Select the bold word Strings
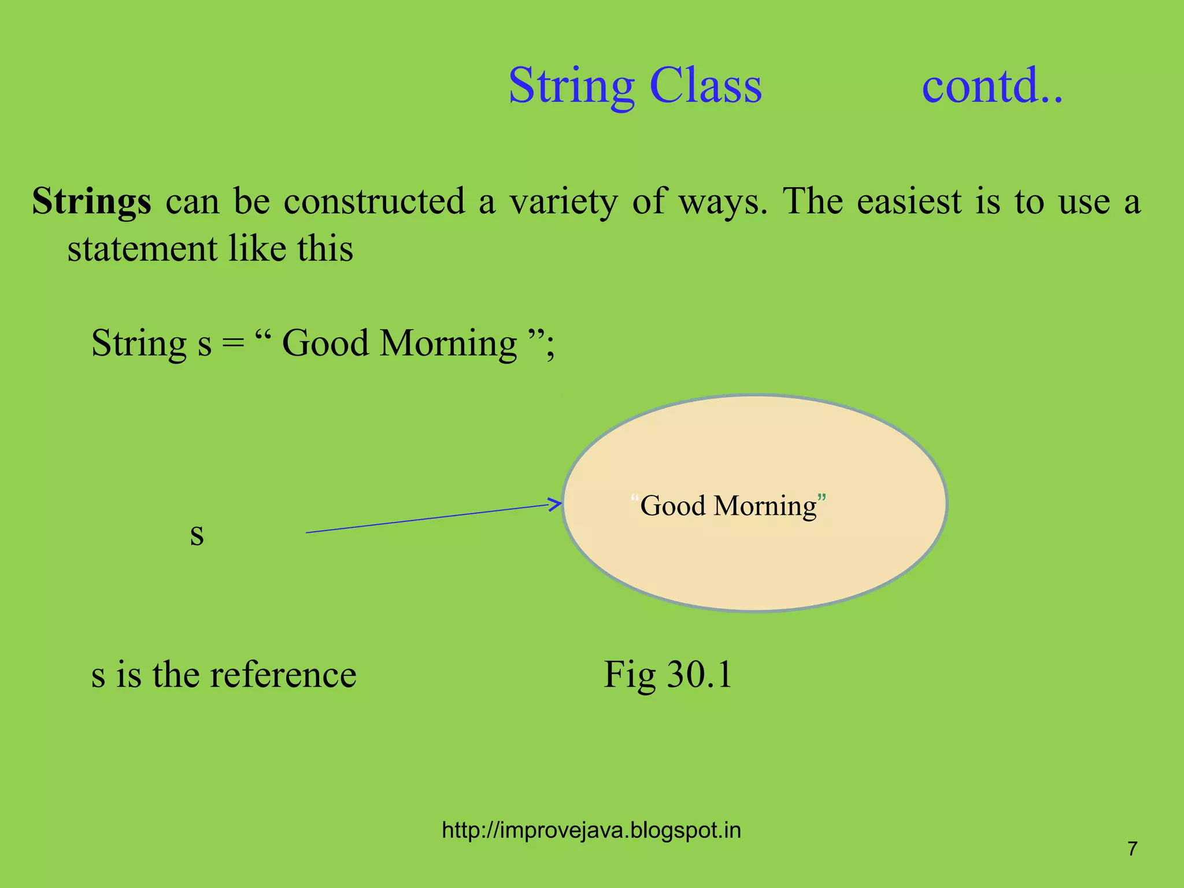tap(91, 202)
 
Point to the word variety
tap(563, 202)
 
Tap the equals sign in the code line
tap(233, 343)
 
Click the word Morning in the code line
tap(448, 345)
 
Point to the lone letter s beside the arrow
tap(197, 534)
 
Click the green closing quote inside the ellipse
tap(822, 498)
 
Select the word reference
tap(283, 675)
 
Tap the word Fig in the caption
tap(630, 675)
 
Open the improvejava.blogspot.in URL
tap(591, 830)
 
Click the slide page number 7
tap(1132, 849)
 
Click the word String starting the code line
tap(139, 345)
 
